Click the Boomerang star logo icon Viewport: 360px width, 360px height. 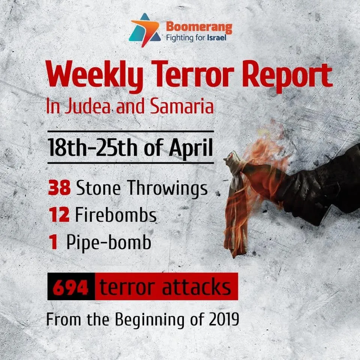click(145, 30)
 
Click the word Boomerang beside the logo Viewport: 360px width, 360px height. click(199, 27)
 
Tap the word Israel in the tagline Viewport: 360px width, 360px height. click(216, 37)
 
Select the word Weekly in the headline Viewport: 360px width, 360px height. click(95, 76)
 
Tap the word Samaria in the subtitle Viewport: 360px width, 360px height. click(182, 106)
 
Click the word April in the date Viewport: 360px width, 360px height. click(191, 148)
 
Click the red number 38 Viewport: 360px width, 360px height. click(60, 187)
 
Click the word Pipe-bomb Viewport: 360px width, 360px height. click(109, 242)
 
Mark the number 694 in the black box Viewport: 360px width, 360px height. click(71, 287)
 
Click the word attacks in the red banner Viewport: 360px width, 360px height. click(196, 286)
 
